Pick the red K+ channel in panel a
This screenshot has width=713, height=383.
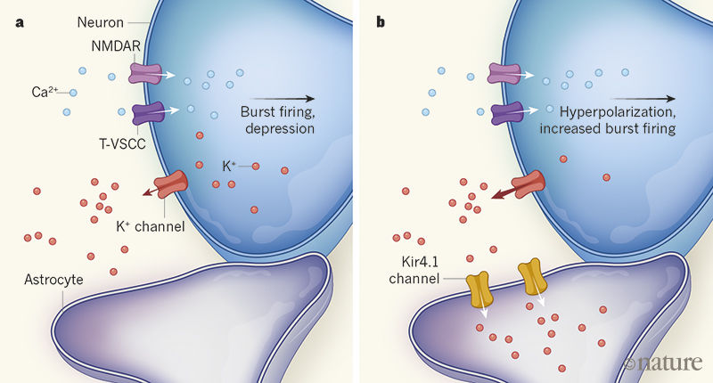[169, 186]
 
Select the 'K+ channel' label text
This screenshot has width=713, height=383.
[150, 226]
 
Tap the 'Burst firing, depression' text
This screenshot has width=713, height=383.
[277, 120]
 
